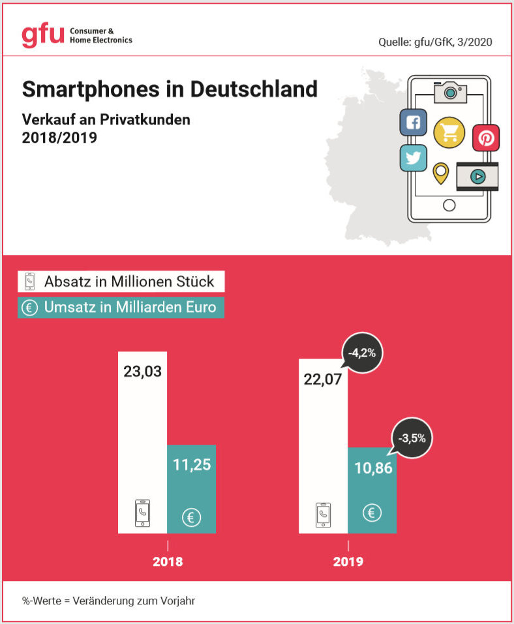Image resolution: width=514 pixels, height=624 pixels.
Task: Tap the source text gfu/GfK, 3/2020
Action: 434,42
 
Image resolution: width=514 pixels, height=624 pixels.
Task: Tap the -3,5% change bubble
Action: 412,438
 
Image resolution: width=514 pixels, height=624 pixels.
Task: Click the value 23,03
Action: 142,372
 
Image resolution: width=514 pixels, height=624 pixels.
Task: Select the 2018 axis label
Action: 168,561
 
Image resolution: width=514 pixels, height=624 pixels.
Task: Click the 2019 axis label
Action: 348,561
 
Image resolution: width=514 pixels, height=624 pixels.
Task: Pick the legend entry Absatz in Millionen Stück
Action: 121,282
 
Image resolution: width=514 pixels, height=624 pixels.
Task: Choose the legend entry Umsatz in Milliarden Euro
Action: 121,307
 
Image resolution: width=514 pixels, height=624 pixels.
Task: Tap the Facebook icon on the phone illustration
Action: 413,122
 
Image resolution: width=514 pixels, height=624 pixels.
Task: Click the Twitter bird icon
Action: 413,157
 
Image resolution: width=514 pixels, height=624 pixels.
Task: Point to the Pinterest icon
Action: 486,138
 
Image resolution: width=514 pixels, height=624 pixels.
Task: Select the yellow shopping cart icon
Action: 449,133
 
